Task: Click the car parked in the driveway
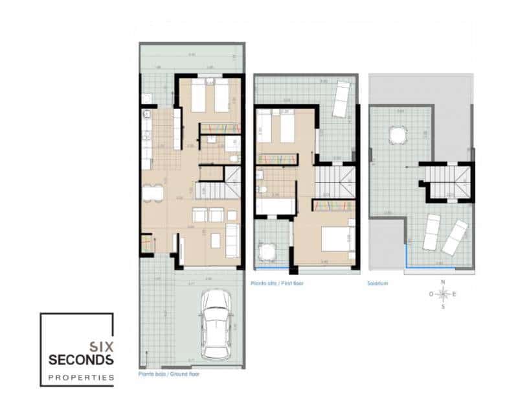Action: point(216,324)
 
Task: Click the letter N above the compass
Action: point(443,282)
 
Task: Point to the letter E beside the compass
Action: point(454,294)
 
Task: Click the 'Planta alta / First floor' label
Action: point(276,283)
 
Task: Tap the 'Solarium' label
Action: point(377,283)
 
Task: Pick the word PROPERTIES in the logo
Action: point(81,377)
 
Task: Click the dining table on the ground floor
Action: point(152,194)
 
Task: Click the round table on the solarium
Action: point(396,135)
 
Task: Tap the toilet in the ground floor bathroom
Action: point(234,158)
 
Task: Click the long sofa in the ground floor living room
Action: point(232,241)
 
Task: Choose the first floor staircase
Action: point(335,181)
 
